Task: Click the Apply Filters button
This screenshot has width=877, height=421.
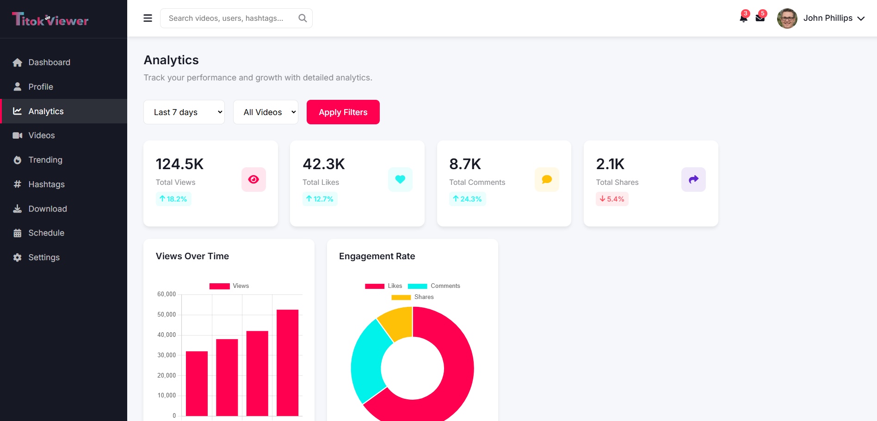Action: [x=343, y=112]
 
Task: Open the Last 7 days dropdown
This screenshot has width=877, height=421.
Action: [x=184, y=112]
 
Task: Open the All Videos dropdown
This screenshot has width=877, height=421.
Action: [x=266, y=112]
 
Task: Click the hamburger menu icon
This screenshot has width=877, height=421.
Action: [x=148, y=18]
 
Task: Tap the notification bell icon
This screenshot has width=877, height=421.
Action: [x=743, y=18]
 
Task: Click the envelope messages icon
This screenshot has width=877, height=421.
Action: [x=760, y=18]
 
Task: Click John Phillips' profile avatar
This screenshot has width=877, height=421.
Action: [x=787, y=18]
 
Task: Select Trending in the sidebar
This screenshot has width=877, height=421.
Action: [x=45, y=160]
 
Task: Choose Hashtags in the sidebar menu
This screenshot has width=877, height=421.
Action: [x=46, y=184]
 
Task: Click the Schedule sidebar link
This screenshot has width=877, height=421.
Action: [x=46, y=233]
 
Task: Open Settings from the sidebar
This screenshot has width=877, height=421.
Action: [x=44, y=257]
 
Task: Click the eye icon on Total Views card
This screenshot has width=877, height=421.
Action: [x=253, y=179]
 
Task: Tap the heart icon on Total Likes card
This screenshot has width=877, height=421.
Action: [x=400, y=179]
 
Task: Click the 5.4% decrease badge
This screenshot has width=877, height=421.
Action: [x=612, y=199]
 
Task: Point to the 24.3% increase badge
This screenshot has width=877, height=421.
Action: [x=467, y=199]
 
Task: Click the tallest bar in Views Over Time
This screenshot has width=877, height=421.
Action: [x=287, y=363]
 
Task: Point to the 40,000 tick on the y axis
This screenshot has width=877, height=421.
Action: [x=167, y=335]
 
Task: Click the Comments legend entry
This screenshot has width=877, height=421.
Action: [x=434, y=286]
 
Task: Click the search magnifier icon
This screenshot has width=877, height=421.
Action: [x=303, y=18]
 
